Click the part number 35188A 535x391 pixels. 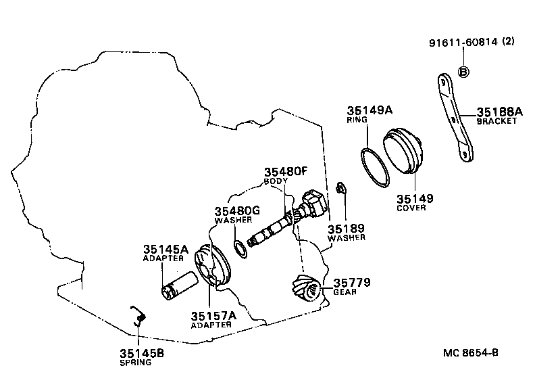point(499,112)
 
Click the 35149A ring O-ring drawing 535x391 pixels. point(375,165)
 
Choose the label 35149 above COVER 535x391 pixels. point(415,199)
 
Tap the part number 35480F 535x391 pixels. point(286,173)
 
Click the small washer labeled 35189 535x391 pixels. point(342,187)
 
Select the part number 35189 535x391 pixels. point(346,229)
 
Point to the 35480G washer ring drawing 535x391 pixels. point(240,248)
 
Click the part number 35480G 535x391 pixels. point(237,211)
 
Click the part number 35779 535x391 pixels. point(351,282)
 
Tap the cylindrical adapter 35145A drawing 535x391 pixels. point(177,283)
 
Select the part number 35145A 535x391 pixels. point(165,250)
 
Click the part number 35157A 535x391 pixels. point(213,315)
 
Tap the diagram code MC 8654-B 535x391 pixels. point(470,352)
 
